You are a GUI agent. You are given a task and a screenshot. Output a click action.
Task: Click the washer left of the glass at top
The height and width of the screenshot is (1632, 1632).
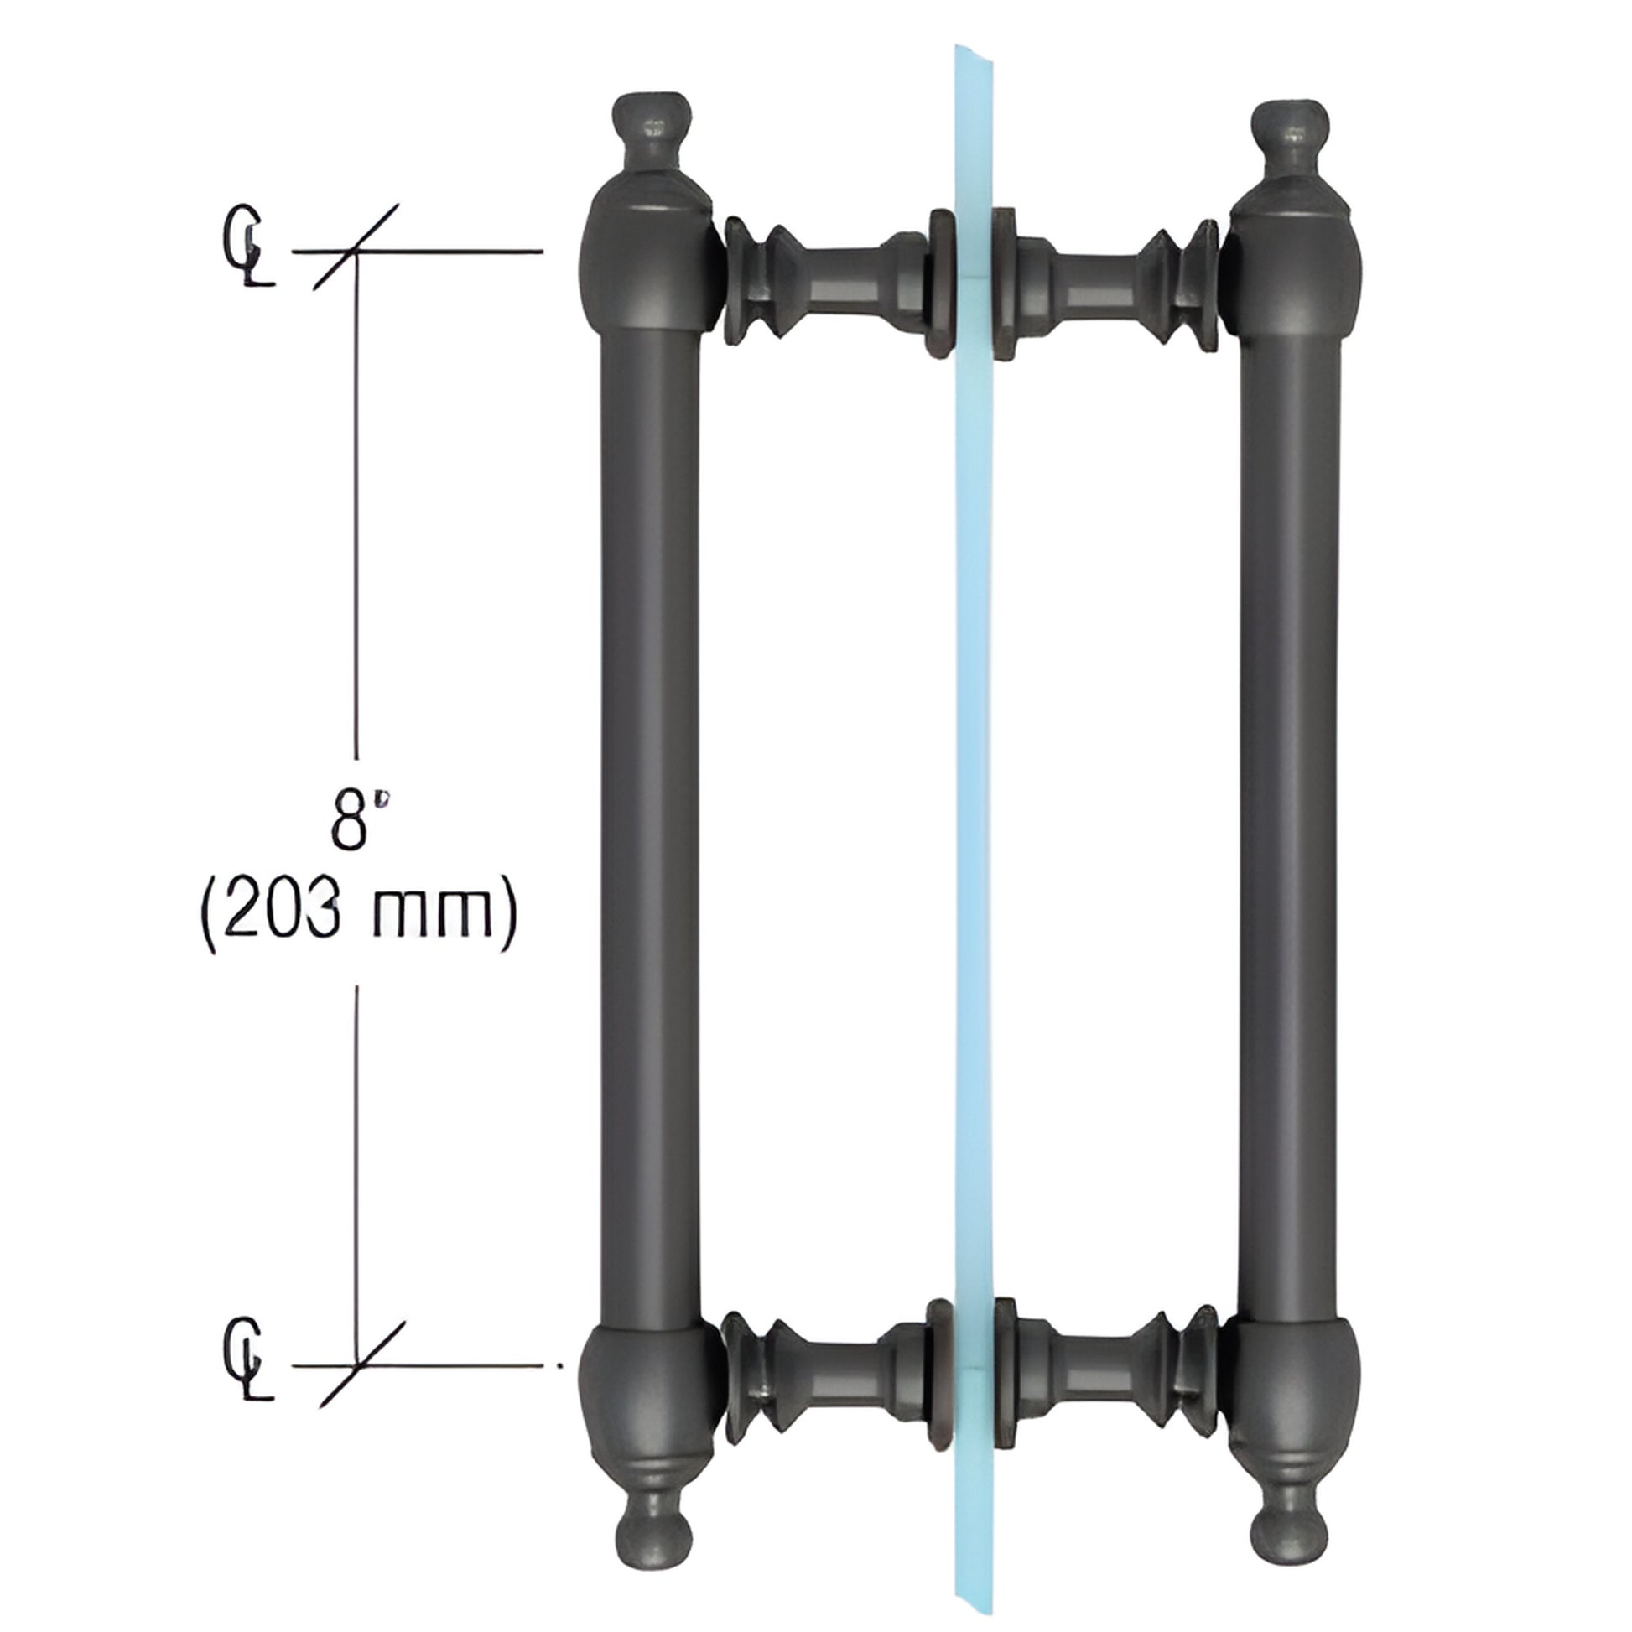pyautogui.click(x=940, y=283)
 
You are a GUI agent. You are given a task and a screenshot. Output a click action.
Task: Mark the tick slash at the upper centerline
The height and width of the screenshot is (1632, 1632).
pyautogui.click(x=356, y=248)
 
